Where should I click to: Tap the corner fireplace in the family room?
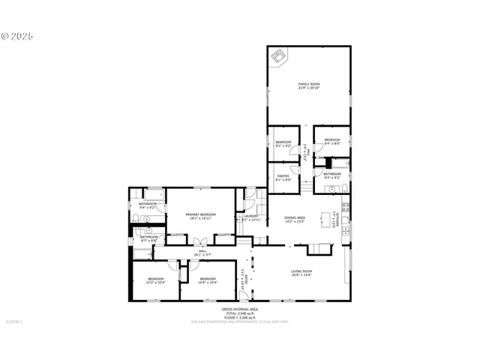coord(278,56)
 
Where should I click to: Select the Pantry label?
coord(283,178)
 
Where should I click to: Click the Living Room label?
coord(301,272)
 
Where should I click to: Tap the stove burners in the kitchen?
coord(346,208)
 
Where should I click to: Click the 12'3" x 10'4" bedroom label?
coord(155,281)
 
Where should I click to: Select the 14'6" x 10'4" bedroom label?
coord(208,281)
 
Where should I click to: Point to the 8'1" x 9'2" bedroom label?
coord(283,143)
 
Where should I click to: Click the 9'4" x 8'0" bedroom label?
coord(331,142)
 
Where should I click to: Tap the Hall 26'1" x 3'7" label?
coord(202,253)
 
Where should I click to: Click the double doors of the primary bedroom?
coord(199,241)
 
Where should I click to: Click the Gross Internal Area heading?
coord(240,309)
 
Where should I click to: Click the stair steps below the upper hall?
coord(306,184)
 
